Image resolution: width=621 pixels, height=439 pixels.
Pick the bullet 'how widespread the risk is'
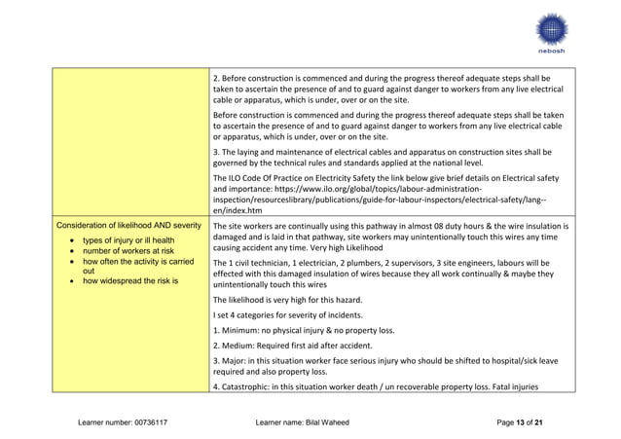click(124, 281)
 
